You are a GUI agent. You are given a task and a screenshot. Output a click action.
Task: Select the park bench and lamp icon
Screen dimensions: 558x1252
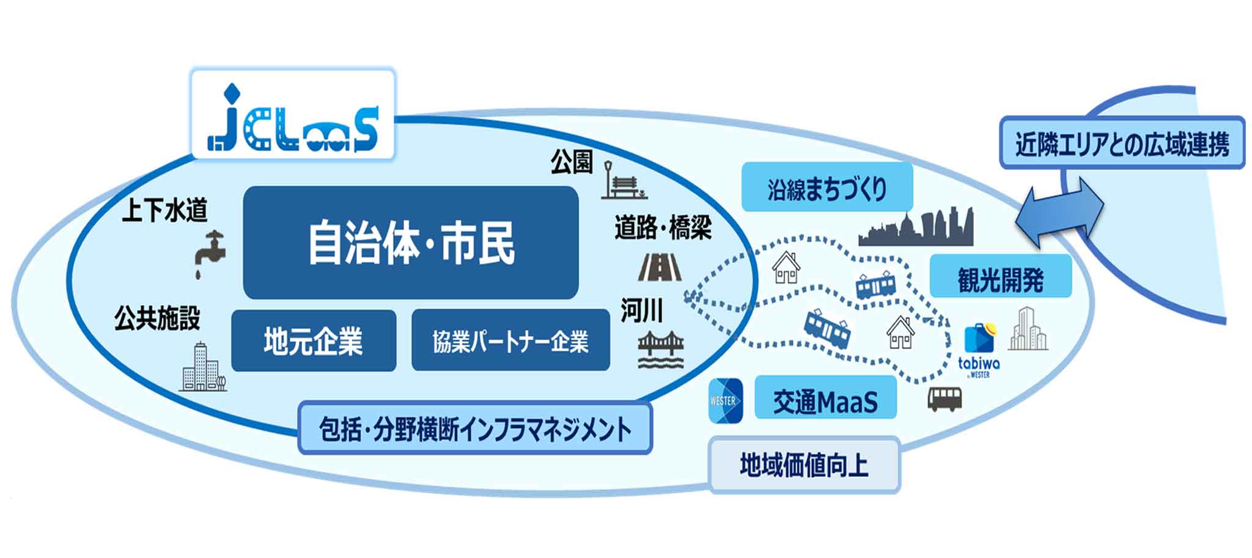[x=622, y=181]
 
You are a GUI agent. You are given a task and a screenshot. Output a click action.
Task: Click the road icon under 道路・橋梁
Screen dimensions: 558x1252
[x=660, y=267]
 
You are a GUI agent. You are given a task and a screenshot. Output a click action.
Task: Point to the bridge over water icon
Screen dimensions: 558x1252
[x=660, y=350]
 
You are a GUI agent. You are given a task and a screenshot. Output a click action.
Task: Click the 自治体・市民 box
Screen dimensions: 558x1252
[x=411, y=243]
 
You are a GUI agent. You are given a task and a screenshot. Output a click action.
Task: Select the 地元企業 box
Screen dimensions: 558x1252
[x=314, y=340]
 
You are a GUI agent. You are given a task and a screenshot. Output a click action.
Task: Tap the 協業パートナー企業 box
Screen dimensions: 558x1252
[x=510, y=340]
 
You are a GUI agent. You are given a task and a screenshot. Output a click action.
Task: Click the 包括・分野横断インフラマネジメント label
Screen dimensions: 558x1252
[x=475, y=428]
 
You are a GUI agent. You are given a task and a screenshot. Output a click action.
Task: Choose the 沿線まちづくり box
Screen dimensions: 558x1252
[x=827, y=188]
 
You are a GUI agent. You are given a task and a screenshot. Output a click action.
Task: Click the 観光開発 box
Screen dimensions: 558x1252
[x=1000, y=277]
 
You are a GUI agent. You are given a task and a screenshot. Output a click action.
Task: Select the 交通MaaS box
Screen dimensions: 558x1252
[x=825, y=398]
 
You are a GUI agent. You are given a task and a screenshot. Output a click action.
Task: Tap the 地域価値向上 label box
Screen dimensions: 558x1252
[x=804, y=464]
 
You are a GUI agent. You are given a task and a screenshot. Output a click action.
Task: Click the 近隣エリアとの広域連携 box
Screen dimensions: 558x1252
[x=1121, y=143]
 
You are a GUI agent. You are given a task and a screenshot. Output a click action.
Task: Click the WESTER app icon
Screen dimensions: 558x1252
[x=726, y=400]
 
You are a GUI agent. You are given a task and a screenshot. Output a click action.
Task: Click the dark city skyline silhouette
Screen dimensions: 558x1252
[x=915, y=228]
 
